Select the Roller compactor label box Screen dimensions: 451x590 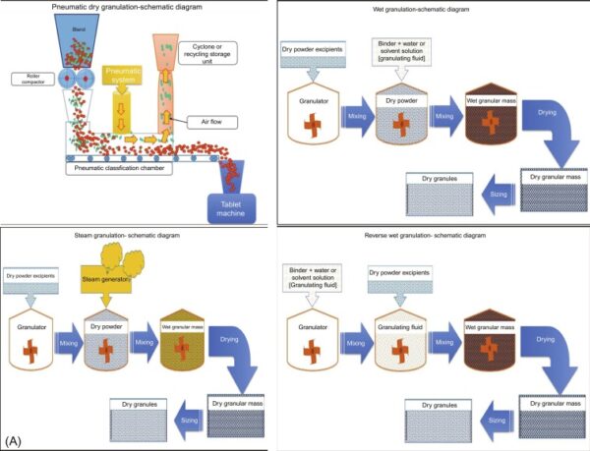(28, 79)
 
